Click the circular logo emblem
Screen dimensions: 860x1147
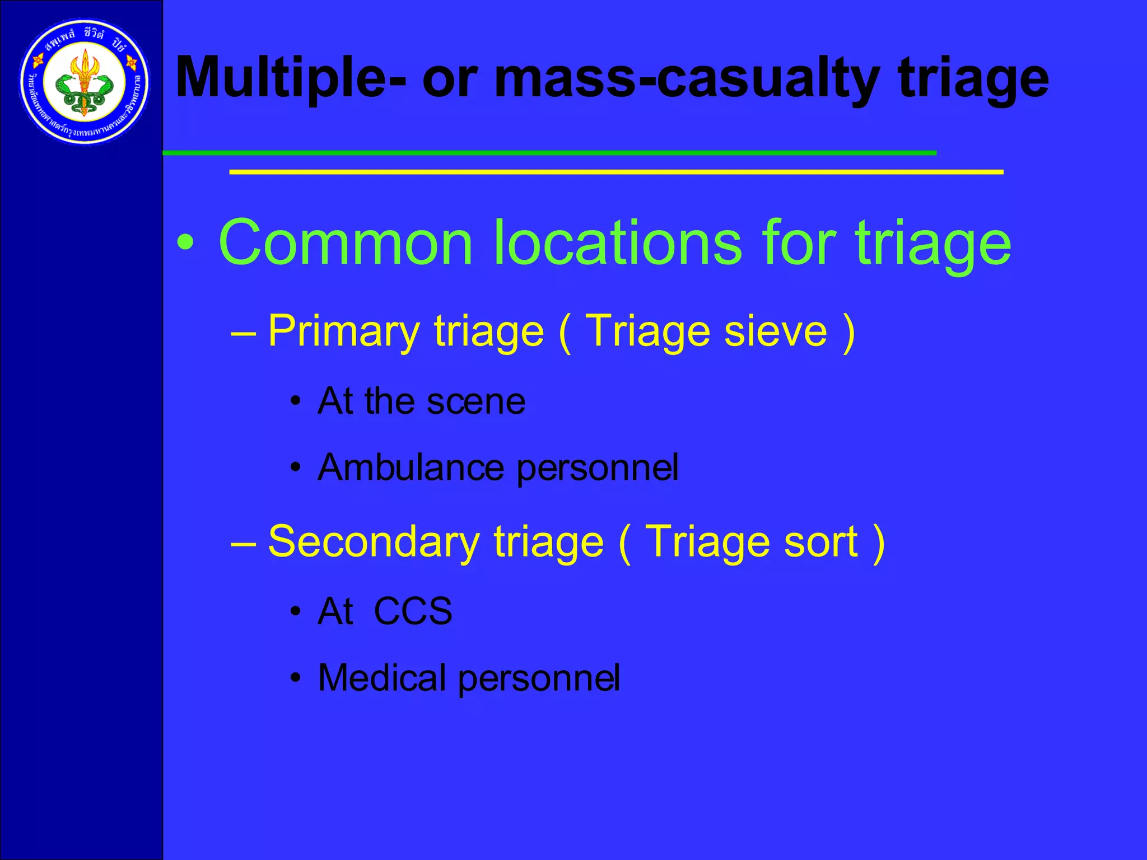85,83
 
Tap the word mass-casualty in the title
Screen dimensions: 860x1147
687,78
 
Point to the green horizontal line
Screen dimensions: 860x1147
549,152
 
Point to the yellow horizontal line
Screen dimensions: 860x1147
616,172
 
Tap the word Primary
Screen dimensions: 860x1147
343,332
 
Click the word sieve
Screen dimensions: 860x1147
776,331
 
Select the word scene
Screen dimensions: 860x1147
476,401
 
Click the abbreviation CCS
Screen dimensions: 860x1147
413,611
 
